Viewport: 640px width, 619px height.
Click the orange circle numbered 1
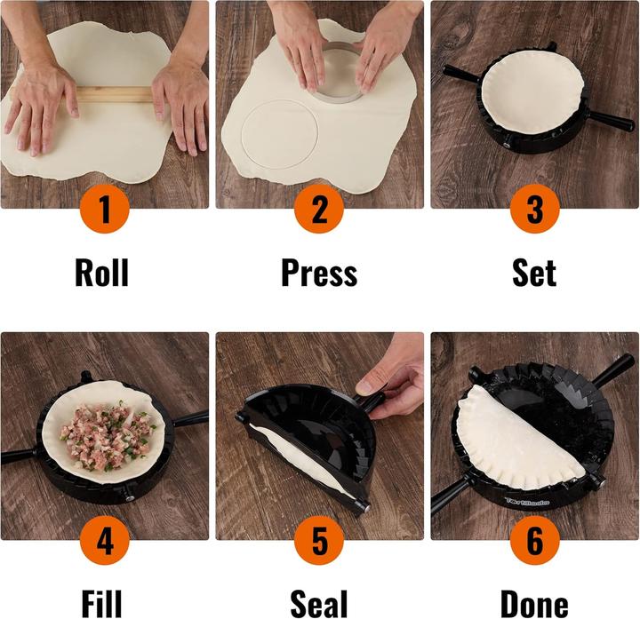105,210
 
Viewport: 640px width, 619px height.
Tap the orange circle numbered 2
319,210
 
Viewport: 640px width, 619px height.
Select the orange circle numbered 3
534,210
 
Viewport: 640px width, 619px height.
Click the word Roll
101,272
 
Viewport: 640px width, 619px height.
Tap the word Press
319,272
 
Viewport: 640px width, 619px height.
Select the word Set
534,272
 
